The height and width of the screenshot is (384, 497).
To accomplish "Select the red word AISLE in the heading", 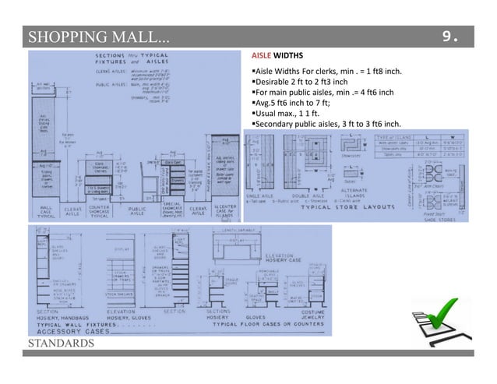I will click(263, 57).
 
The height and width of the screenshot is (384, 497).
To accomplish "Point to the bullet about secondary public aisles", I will click(327, 124).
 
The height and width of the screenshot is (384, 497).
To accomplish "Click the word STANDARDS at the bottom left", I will click(58, 343).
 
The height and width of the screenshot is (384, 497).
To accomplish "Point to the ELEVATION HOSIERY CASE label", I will click(286, 258).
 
